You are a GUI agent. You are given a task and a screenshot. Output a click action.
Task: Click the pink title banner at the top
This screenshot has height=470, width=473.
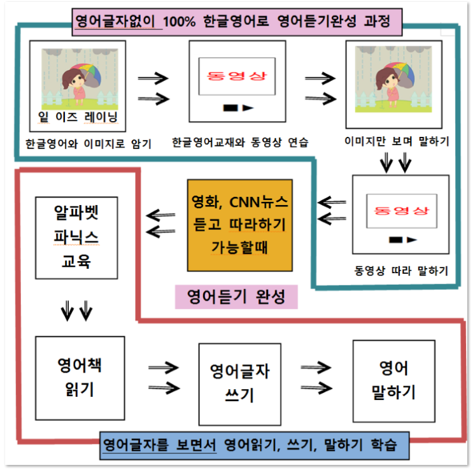point(237,22)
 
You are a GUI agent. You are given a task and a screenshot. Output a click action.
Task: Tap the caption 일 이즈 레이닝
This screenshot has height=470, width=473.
point(78,117)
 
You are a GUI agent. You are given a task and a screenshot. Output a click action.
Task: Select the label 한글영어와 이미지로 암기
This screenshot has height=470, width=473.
point(88,144)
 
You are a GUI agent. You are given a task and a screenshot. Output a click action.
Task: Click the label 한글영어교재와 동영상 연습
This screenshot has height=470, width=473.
point(240,142)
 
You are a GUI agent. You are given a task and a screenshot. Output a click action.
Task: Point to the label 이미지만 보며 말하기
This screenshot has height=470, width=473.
point(397,141)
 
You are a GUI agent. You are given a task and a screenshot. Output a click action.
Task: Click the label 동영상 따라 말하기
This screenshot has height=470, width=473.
point(401,271)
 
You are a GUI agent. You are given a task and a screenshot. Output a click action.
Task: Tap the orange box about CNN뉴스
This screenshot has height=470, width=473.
point(240,225)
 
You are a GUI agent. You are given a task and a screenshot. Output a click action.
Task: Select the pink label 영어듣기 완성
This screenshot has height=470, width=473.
point(236,297)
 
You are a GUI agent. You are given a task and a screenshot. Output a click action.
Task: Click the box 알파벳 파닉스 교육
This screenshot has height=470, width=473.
point(76,238)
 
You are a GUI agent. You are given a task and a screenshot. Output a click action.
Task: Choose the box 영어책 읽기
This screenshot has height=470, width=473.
point(80,378)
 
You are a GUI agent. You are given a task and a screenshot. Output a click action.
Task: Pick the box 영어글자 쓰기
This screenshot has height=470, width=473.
point(240,384)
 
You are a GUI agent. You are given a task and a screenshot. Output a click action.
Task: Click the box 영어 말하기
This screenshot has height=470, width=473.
point(394,381)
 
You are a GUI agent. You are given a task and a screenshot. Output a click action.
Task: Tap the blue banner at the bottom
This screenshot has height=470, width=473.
point(254,446)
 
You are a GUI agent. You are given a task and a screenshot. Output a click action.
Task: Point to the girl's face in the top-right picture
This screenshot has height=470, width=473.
point(388,80)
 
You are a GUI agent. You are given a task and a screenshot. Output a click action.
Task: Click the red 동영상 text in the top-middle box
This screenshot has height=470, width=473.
point(237,76)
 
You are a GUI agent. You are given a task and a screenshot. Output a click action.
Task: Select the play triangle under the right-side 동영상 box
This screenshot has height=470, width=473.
point(411,239)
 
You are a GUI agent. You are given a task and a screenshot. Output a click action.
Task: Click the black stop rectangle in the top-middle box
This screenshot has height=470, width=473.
point(230,108)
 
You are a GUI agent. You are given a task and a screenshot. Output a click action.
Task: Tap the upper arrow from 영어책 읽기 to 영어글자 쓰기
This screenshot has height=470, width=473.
point(164,367)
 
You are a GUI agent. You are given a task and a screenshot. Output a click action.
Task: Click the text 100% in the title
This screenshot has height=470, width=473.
point(179,22)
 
